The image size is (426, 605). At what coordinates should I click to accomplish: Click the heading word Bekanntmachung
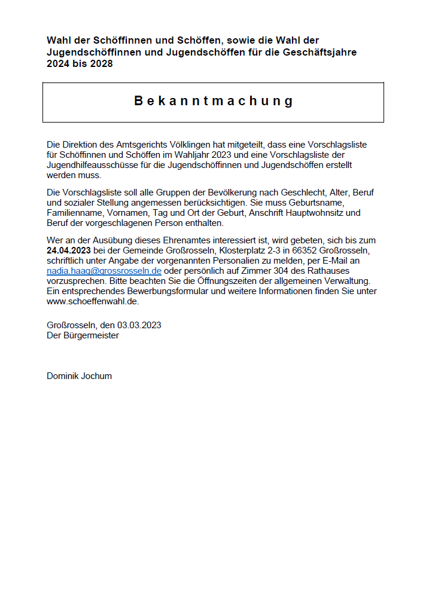coord(213,101)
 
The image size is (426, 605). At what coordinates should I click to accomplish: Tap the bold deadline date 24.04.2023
coord(69,250)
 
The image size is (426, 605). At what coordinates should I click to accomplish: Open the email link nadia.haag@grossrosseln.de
coord(104,271)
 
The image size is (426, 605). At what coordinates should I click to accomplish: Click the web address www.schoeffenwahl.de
coord(93,301)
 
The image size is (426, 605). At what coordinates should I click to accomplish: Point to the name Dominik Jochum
coord(79,376)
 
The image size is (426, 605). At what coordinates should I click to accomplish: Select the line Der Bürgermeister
coord(83,335)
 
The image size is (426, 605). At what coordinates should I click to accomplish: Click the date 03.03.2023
coord(139,325)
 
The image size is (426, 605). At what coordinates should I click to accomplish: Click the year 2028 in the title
coord(101,63)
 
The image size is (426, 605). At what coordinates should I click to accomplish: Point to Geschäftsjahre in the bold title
coord(319,52)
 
